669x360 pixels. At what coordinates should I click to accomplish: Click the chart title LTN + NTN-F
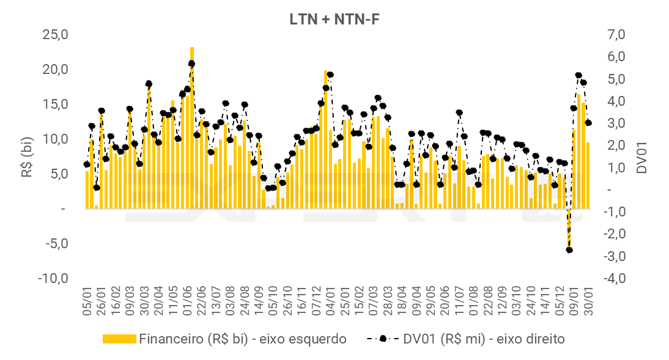coord(334,19)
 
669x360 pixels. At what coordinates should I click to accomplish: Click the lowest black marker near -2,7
coord(569,250)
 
